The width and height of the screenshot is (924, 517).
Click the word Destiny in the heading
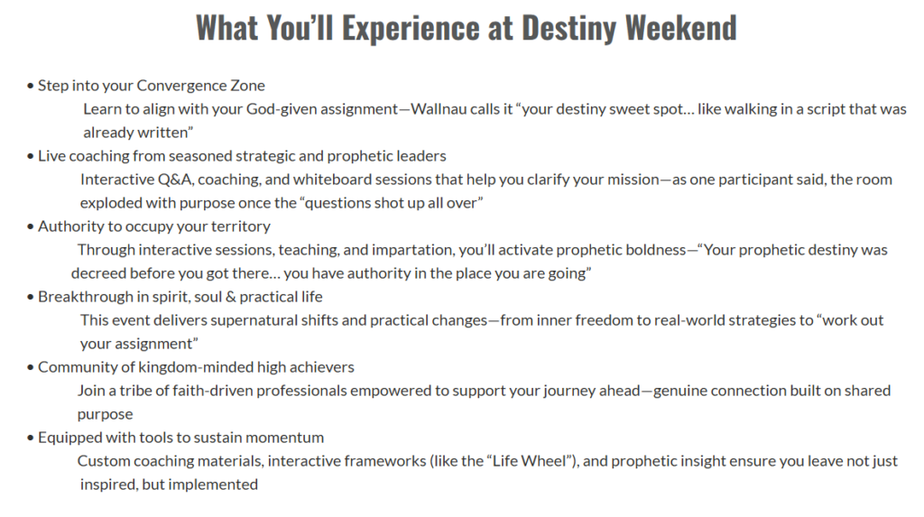[568, 28]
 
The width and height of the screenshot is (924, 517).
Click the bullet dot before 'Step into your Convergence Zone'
[30, 86]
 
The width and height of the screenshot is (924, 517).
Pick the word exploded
[107, 203]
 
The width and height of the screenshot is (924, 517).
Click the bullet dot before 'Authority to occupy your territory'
[30, 227]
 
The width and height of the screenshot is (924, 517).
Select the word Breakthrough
[86, 297]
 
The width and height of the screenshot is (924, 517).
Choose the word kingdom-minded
[196, 368]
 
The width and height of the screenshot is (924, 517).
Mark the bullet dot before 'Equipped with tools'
[30, 438]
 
